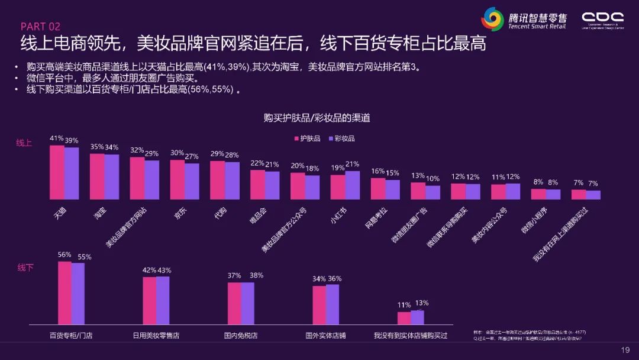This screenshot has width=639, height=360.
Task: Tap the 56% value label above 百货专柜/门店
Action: coord(64,255)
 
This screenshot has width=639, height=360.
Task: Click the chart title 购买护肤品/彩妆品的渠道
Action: coord(317,118)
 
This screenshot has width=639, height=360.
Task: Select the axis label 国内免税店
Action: coord(241,335)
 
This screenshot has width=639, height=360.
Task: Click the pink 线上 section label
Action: coord(24,143)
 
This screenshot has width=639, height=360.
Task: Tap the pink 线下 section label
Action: coord(25,268)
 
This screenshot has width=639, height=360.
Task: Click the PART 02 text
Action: coord(40,27)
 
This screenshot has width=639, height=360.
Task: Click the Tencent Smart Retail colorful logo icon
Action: coord(492,20)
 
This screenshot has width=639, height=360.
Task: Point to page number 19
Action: coord(625,349)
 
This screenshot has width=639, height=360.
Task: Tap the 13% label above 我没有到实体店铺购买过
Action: coord(421,303)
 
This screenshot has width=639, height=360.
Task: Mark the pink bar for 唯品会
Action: coord(257,185)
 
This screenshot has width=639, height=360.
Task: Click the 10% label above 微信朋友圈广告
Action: coord(433,178)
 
